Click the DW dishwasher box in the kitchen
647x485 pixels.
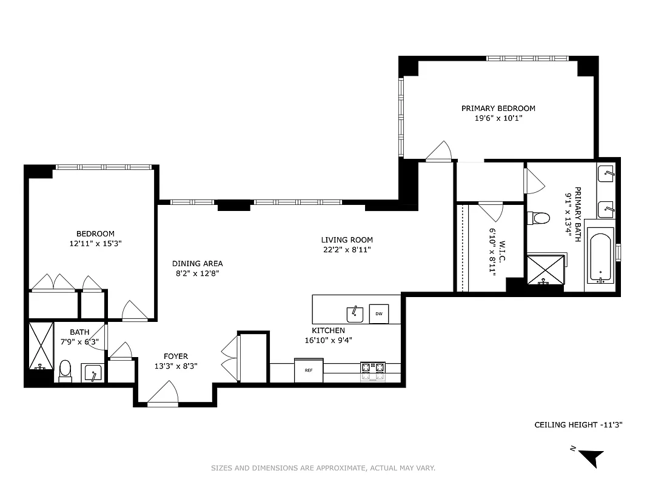pyautogui.click(x=378, y=313)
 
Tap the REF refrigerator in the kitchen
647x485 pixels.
pyautogui.click(x=309, y=370)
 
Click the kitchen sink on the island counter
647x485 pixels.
pyautogui.click(x=355, y=313)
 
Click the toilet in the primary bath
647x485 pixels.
pyautogui.click(x=538, y=217)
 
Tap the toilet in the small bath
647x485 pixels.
pyautogui.click(x=65, y=369)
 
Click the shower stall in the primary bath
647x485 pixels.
pyautogui.click(x=545, y=270)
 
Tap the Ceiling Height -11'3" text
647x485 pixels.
pyautogui.click(x=578, y=425)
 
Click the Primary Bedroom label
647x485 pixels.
pyautogui.click(x=498, y=109)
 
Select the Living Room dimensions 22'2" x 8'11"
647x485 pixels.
pyautogui.click(x=347, y=249)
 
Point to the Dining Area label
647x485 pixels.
pyautogui.click(x=197, y=264)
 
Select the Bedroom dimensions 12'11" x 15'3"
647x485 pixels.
pyautogui.click(x=95, y=243)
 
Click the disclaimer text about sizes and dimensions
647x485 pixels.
pyautogui.click(x=323, y=468)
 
